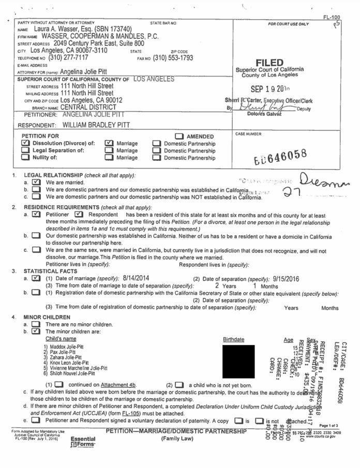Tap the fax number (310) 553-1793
(x=173, y=58)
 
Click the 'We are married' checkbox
(x=36, y=183)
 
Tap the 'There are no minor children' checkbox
(x=36, y=324)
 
